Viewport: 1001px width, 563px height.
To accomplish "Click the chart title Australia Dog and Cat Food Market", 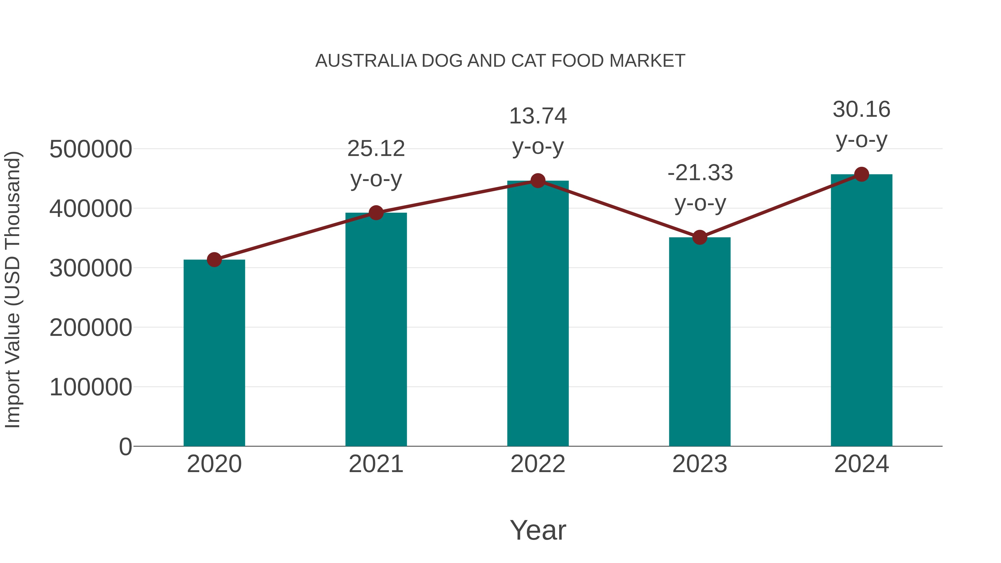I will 500,61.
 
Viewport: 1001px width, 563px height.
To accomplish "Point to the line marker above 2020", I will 214,260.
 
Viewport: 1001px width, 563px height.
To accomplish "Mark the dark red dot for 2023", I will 700,237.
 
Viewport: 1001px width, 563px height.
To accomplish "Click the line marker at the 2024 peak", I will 861,174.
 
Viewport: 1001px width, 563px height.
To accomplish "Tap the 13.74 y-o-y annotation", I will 538,131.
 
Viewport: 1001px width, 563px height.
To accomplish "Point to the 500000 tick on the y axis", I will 91,149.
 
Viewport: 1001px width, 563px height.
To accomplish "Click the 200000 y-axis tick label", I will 91,328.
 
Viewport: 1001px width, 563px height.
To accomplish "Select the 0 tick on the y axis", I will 125,447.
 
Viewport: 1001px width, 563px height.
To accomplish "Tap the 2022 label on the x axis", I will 538,464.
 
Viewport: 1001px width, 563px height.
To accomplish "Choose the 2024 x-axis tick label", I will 861,464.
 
